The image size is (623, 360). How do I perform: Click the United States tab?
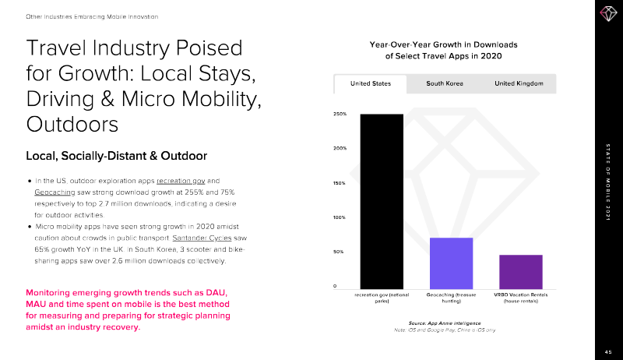point(370,83)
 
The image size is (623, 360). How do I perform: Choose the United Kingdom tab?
point(518,83)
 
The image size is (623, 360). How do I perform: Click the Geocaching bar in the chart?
point(451,263)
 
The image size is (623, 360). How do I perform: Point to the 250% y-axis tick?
point(340,115)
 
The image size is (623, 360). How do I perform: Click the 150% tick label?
point(340,183)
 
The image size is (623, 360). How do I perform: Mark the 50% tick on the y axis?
point(340,252)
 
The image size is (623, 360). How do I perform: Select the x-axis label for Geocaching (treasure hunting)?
point(451,298)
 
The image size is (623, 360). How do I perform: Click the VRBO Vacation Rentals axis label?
point(520,298)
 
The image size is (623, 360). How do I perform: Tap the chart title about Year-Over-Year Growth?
point(443,50)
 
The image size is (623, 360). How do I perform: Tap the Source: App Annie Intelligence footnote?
point(444,323)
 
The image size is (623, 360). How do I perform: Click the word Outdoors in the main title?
point(72,125)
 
